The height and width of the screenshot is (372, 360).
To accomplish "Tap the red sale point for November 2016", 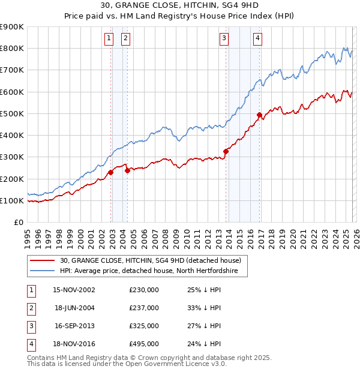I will pyautogui.click(x=259, y=115).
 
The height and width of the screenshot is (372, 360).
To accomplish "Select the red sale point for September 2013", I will pyautogui.click(x=226, y=152).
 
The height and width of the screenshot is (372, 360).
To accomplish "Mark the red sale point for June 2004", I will pyautogui.click(x=127, y=171).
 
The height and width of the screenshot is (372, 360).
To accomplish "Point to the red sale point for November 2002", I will pyautogui.click(x=111, y=173).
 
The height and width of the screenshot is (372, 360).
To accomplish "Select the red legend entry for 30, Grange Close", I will pyautogui.click(x=150, y=260).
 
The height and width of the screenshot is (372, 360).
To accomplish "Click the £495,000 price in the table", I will pyautogui.click(x=144, y=344).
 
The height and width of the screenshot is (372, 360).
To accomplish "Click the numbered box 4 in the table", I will pyautogui.click(x=29, y=344).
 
